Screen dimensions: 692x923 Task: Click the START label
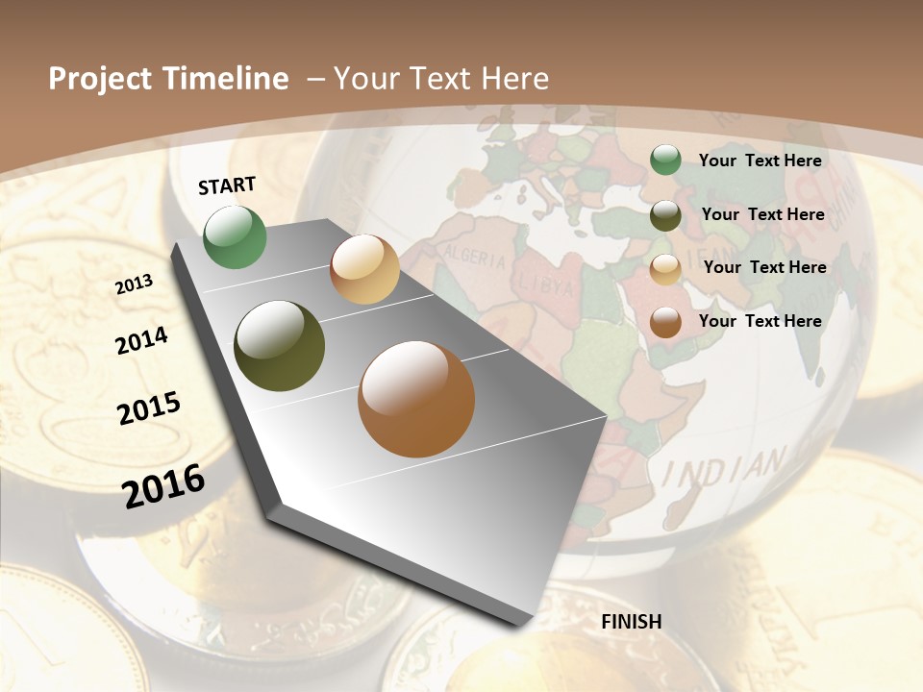point(227,185)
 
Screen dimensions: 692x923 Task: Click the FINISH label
point(631,621)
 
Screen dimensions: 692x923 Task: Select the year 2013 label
point(134,284)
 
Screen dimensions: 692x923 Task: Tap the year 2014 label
point(141,340)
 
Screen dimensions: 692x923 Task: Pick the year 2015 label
point(149,408)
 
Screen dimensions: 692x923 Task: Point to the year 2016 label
point(163,485)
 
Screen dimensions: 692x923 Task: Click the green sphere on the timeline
point(235,236)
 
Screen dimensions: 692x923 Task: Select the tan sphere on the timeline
point(364,269)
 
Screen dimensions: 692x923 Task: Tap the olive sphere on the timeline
point(280,346)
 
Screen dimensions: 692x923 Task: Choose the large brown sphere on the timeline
point(416,399)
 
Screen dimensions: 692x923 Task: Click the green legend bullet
point(665,161)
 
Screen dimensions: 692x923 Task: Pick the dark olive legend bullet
point(665,215)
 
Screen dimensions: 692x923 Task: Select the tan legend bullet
point(665,269)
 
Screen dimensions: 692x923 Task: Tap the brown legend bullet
point(665,322)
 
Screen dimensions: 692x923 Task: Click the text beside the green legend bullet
point(760,161)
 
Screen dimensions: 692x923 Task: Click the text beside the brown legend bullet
point(760,320)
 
